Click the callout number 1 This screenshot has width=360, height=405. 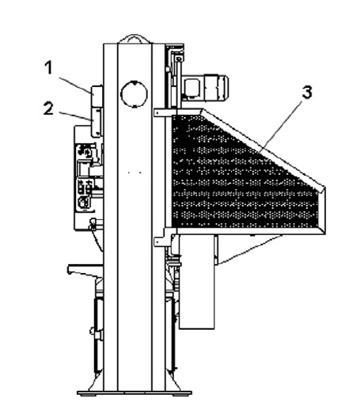[x=48, y=67]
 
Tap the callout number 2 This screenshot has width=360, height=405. [x=48, y=108]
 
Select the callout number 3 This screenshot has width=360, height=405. [x=307, y=92]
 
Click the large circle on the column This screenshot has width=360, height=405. [x=134, y=94]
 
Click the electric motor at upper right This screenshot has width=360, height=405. [x=205, y=88]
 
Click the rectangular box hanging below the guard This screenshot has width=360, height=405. [x=197, y=282]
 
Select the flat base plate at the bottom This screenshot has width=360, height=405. [x=135, y=393]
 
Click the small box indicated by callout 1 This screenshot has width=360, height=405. [x=97, y=96]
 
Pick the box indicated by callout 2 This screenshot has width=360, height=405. [x=97, y=122]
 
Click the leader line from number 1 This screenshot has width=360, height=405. [x=75, y=85]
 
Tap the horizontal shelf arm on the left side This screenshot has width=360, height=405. [x=85, y=270]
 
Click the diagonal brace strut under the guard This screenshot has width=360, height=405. [x=250, y=249]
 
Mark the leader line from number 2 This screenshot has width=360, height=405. [x=74, y=116]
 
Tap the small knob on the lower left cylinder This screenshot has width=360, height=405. [x=93, y=330]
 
